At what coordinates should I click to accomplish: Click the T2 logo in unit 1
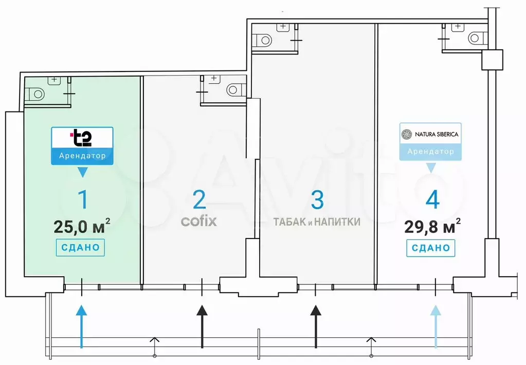point(81,137)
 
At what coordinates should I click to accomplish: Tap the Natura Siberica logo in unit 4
point(430,134)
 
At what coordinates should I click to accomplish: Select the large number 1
point(82,199)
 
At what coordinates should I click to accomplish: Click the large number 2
point(199,199)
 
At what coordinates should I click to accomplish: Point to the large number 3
point(317,200)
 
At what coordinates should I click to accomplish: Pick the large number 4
point(432,200)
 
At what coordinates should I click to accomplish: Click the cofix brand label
point(199,222)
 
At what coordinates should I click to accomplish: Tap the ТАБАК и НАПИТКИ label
point(317,222)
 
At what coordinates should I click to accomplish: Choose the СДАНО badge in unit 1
point(81,247)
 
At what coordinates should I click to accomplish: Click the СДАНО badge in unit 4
point(431,248)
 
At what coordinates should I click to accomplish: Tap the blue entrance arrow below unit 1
point(81,326)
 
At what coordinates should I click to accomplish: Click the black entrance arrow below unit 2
point(202,326)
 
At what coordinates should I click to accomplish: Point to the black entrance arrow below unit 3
point(316,326)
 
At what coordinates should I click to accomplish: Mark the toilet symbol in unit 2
point(234,90)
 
